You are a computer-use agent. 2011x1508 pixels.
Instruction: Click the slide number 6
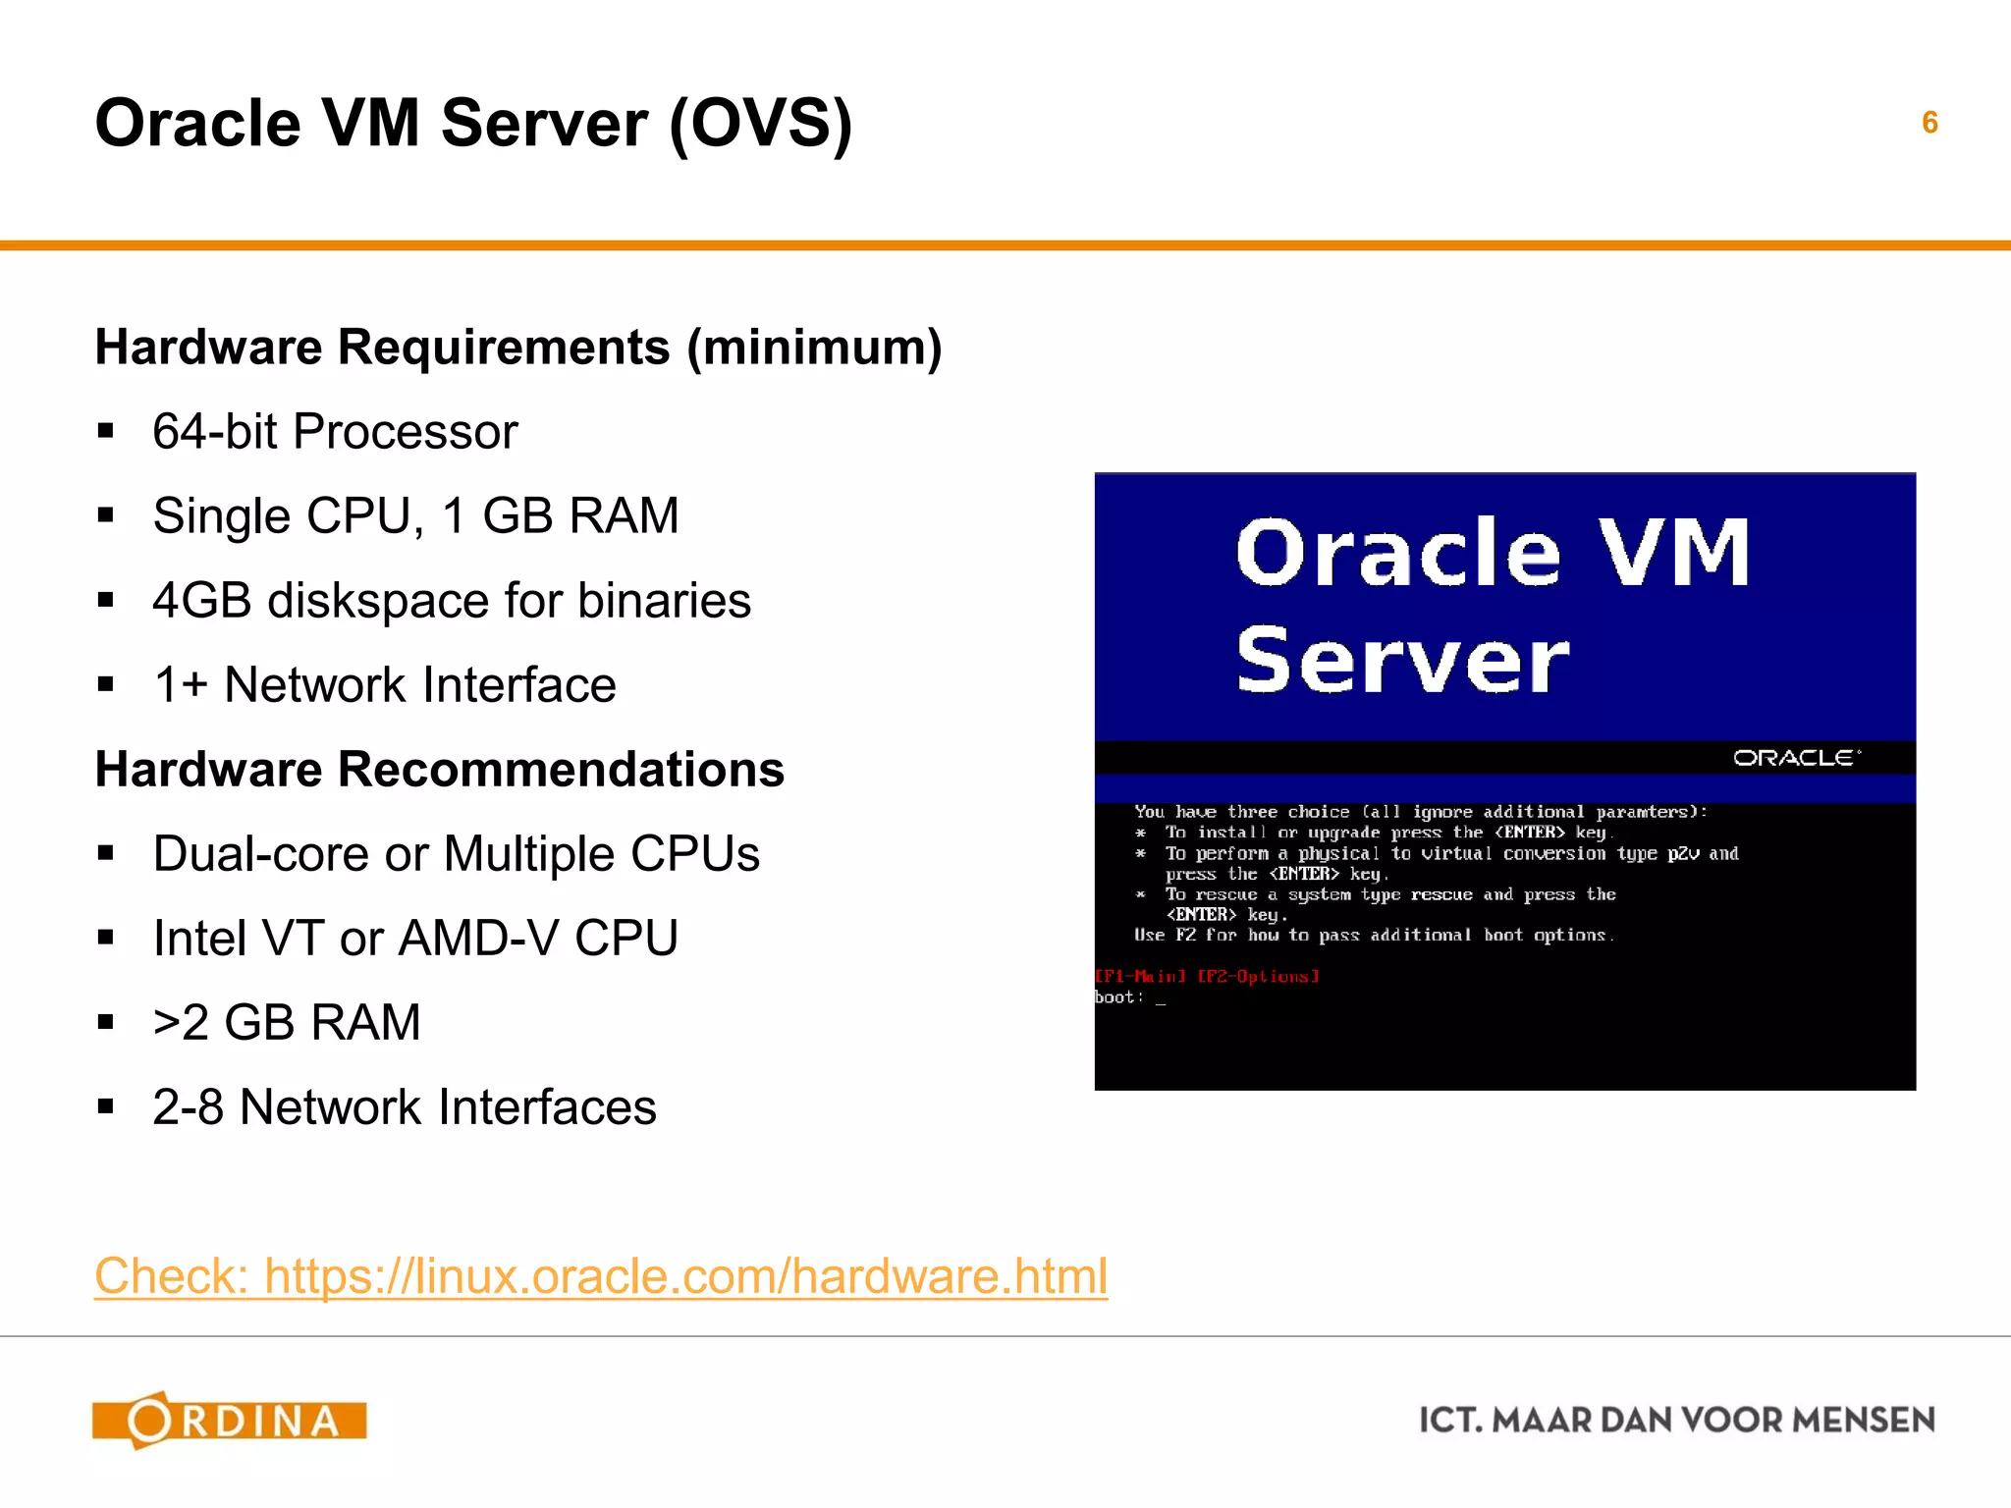coord(1929,123)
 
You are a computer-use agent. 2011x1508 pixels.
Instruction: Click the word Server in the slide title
coord(544,124)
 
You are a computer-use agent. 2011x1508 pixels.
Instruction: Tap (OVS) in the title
coord(761,124)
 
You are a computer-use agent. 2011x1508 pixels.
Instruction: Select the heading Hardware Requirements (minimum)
coord(518,348)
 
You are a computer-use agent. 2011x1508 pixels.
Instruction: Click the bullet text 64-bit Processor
coord(335,432)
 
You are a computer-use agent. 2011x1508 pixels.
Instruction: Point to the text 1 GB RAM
coord(560,516)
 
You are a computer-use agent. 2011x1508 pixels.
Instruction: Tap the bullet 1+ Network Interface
coord(384,685)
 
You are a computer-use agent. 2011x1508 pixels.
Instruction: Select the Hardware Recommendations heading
coord(440,770)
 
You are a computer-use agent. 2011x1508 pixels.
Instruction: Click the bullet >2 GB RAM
coord(287,1023)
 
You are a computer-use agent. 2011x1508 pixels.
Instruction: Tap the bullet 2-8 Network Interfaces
coord(405,1107)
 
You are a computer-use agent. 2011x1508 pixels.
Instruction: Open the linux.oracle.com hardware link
coord(601,1276)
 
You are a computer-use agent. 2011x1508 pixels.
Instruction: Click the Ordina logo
coord(230,1421)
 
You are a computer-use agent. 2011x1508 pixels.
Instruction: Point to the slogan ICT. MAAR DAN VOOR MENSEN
coord(1677,1421)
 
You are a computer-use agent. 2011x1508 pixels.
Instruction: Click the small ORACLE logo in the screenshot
coord(1796,758)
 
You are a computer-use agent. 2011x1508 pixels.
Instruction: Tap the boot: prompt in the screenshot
coord(1119,997)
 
